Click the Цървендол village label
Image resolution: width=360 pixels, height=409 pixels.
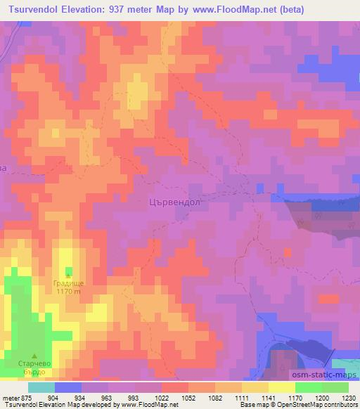point(176,202)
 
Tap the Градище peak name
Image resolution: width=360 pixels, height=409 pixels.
point(68,284)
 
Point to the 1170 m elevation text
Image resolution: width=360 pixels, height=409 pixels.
point(68,292)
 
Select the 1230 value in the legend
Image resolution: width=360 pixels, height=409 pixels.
point(349,398)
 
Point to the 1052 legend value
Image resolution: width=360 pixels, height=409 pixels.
point(188,398)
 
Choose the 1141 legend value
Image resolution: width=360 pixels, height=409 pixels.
point(269,398)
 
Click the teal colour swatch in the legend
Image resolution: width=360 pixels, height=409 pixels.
point(41,387)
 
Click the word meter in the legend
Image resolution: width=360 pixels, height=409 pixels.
point(11,398)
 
